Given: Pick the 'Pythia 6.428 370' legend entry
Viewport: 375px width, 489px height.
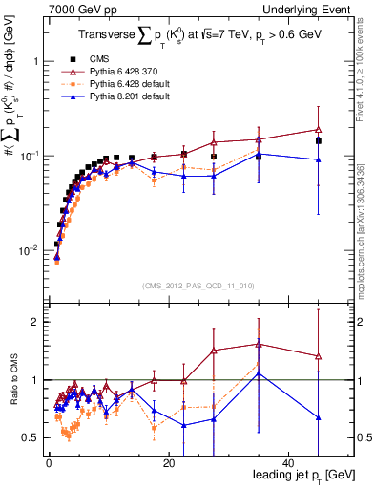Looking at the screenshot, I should pyautogui.click(x=113, y=72).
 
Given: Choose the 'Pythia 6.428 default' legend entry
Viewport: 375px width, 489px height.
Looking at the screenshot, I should pyautogui.click(x=117, y=84).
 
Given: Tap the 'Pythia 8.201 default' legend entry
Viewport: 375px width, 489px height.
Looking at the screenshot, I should pyautogui.click(x=117, y=96).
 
